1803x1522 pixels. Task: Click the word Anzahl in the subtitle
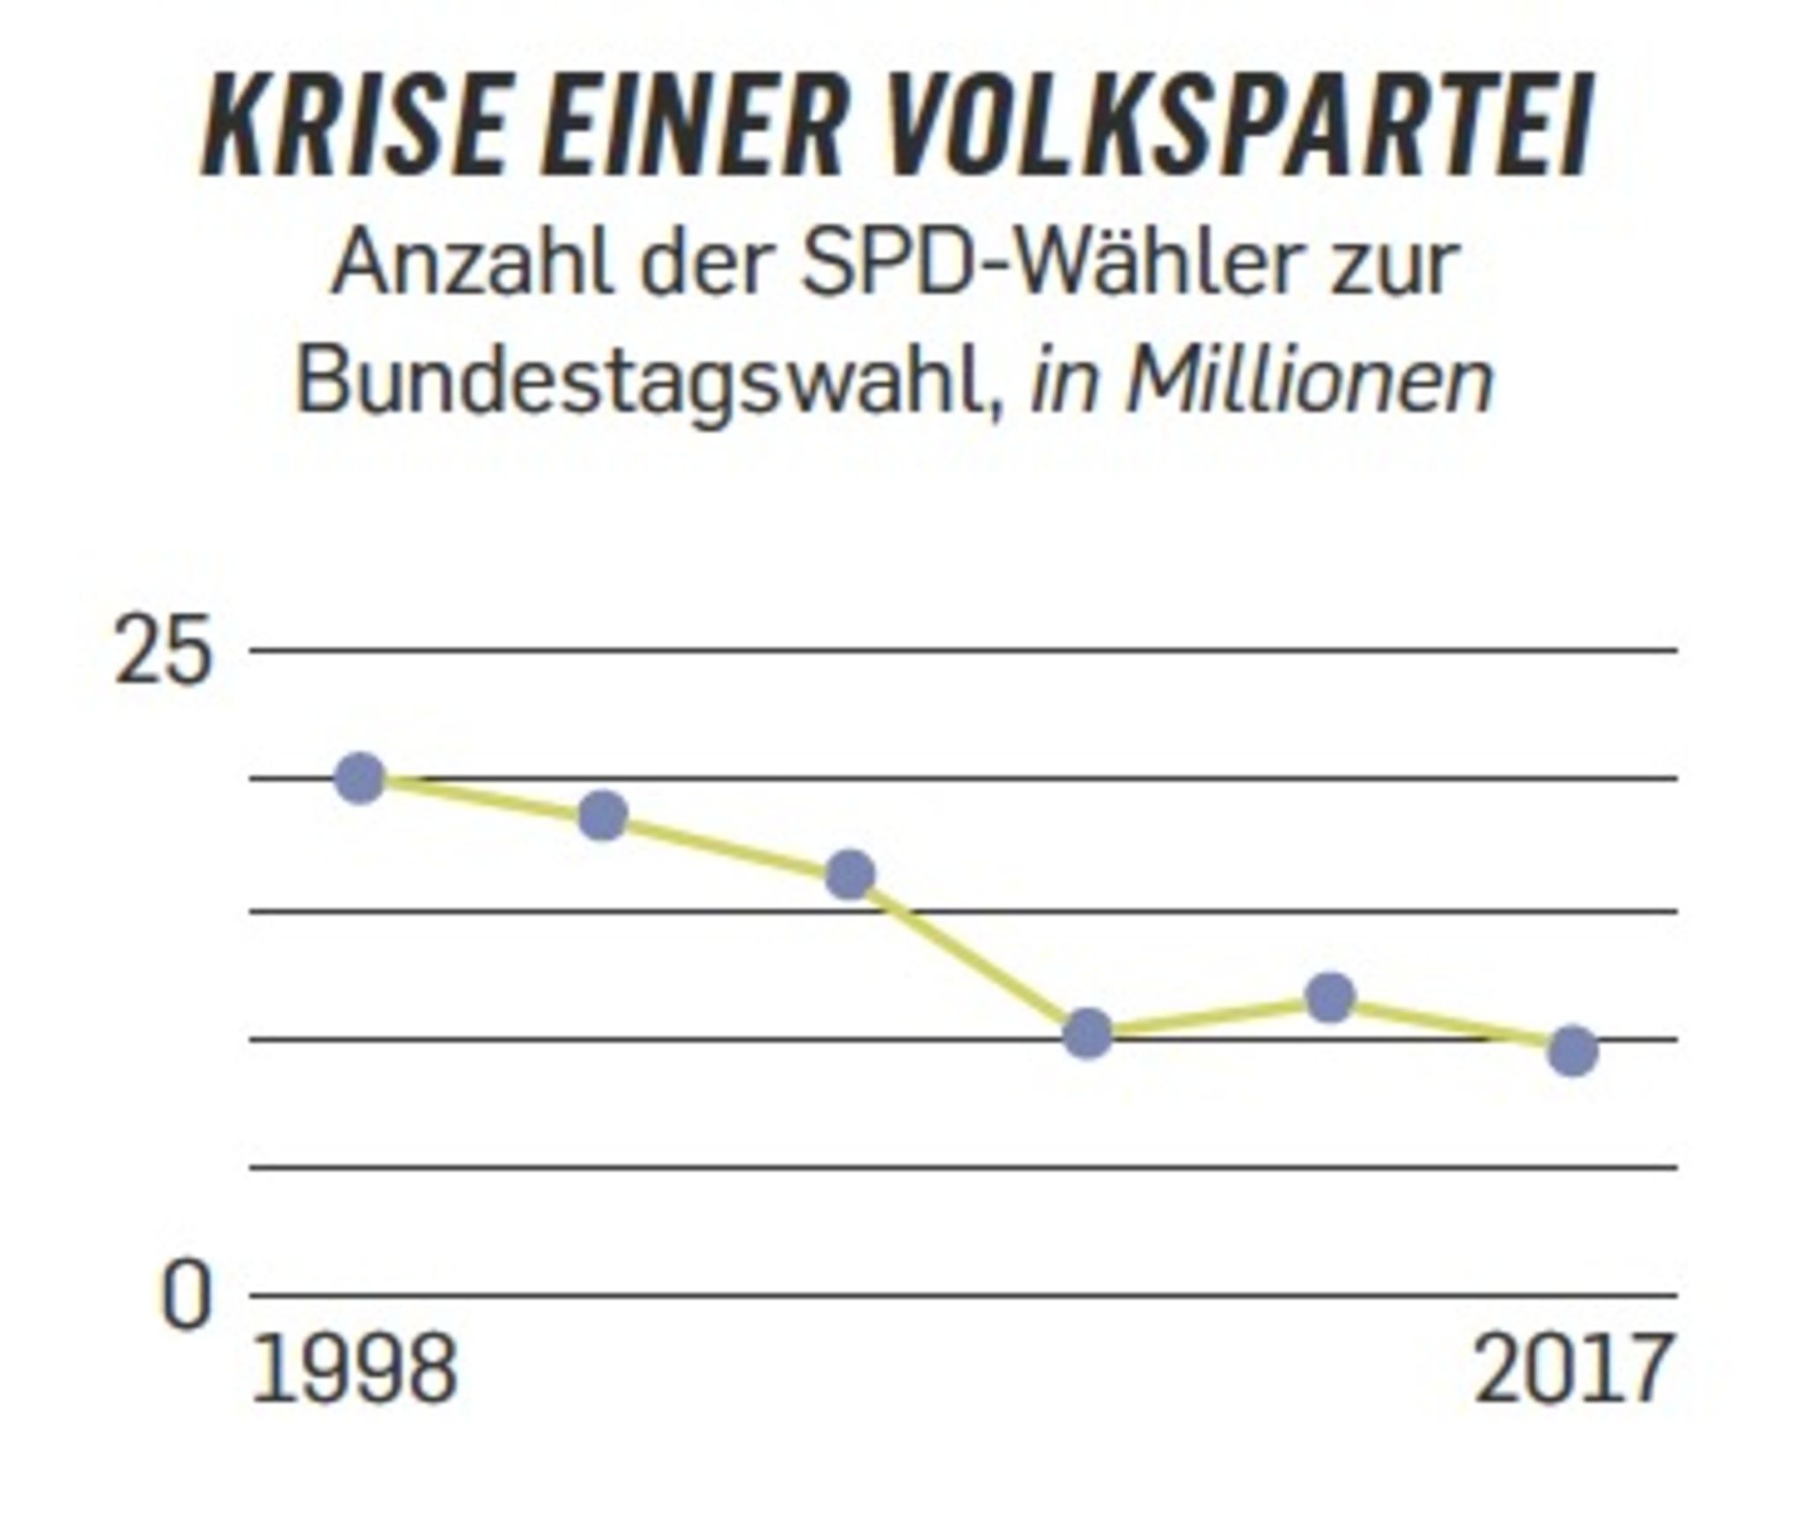pos(472,263)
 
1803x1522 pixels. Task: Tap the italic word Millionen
pos(1310,380)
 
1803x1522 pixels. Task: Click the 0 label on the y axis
pos(186,1298)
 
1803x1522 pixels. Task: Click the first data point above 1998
pos(361,778)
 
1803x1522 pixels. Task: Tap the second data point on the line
pos(603,815)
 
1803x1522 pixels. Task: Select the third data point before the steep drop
pos(850,874)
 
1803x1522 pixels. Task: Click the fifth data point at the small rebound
pos(1330,997)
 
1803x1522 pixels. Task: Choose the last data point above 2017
pos(1572,1051)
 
